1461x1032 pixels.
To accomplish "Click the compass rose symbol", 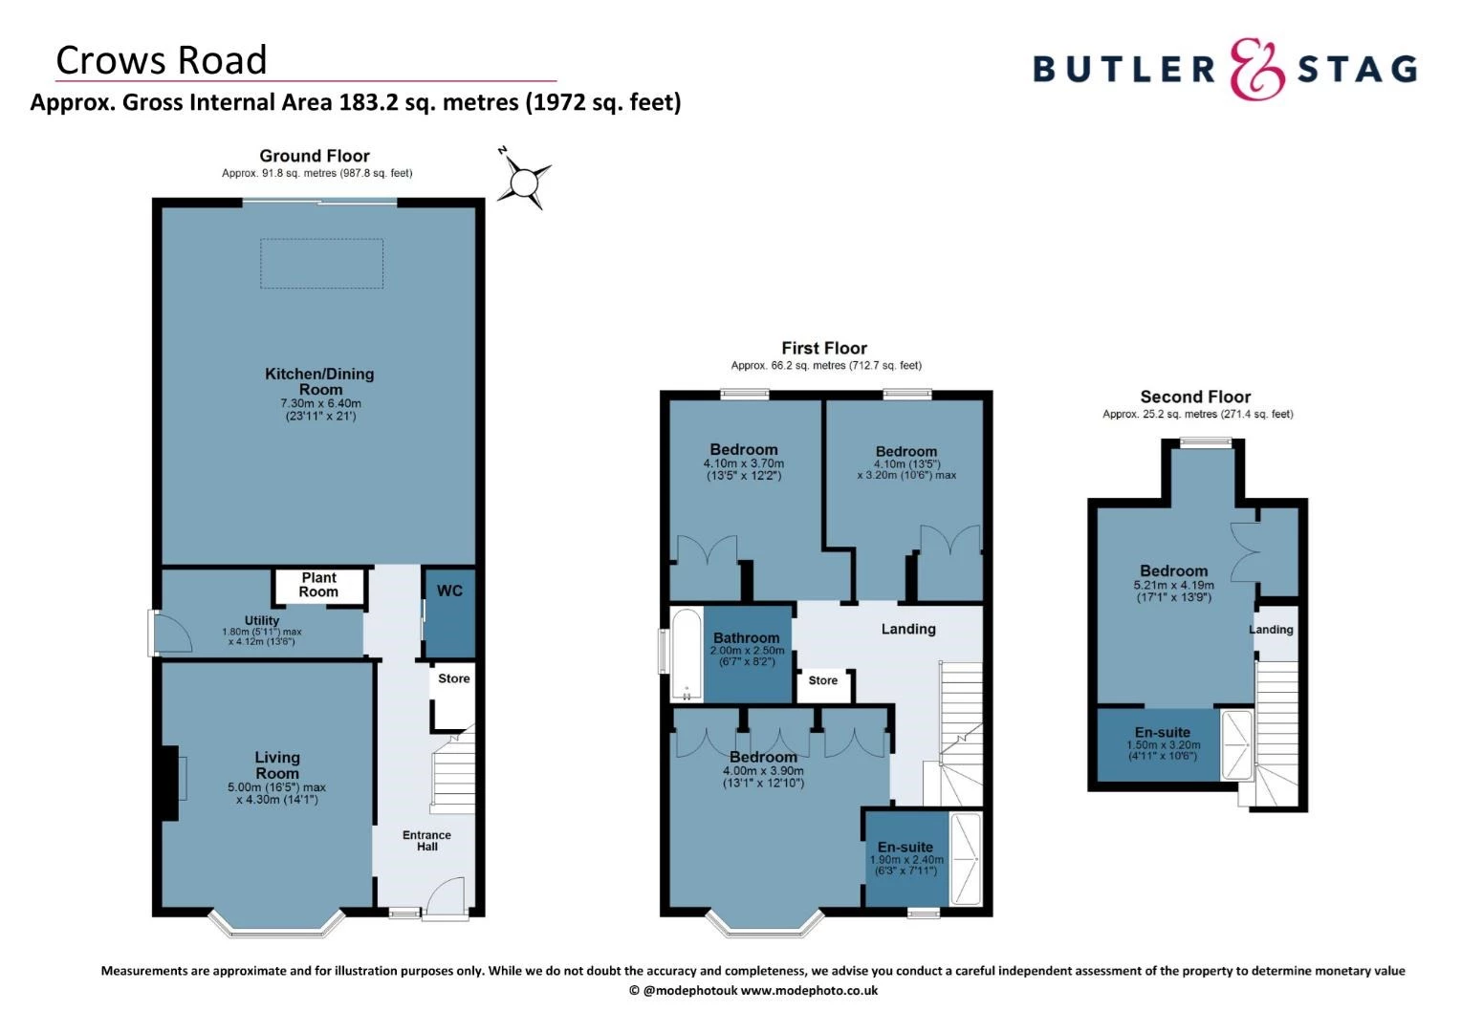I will [x=525, y=181].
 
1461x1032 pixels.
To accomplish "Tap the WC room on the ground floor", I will [x=449, y=612].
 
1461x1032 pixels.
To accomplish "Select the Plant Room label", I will [x=318, y=585].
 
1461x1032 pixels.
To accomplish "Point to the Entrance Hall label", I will [x=426, y=841].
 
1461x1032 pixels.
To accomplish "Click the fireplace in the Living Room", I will [x=171, y=783].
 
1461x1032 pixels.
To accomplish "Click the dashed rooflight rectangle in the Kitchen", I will [x=322, y=264].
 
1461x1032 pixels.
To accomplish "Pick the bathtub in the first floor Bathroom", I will [x=686, y=654].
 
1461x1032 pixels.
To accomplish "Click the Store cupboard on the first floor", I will [x=823, y=682].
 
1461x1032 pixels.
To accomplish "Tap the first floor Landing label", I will [x=908, y=629].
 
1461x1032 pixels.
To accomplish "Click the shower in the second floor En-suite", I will [x=1237, y=744].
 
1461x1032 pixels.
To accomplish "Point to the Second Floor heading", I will [x=1195, y=397].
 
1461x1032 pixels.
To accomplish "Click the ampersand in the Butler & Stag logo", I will [x=1256, y=68].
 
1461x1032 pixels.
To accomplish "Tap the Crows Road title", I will [x=162, y=60].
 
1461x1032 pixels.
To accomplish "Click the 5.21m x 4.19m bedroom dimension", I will [x=1173, y=586].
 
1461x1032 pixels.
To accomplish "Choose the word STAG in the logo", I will [x=1357, y=69].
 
